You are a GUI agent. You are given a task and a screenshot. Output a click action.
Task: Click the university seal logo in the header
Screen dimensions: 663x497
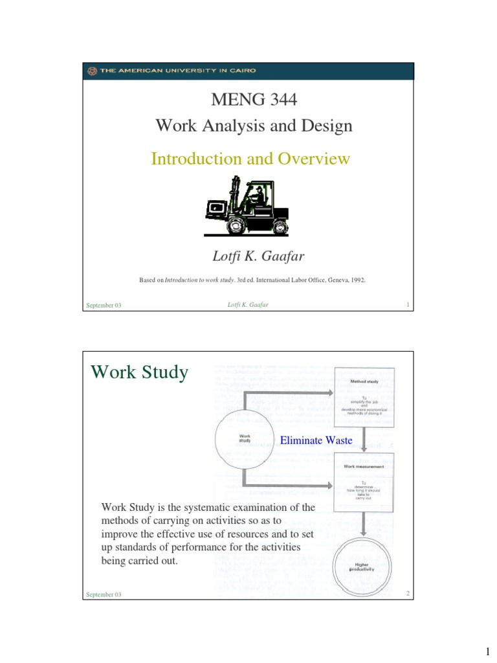pyautogui.click(x=93, y=71)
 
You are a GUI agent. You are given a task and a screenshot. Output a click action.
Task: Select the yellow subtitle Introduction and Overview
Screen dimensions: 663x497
pyautogui.click(x=250, y=159)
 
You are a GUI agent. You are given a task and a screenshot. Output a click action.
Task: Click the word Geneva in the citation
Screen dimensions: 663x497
pyautogui.click(x=331, y=280)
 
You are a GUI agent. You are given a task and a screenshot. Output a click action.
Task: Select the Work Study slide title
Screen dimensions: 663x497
pyautogui.click(x=139, y=372)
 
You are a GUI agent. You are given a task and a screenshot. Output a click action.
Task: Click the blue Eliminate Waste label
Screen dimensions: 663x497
pyautogui.click(x=316, y=441)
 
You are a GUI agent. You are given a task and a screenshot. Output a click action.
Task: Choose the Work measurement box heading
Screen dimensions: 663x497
pyautogui.click(x=363, y=466)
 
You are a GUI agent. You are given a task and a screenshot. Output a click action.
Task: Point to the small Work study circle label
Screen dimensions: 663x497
pyautogui.click(x=245, y=438)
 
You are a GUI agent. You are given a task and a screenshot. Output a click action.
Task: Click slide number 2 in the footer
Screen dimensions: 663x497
pyautogui.click(x=409, y=594)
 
